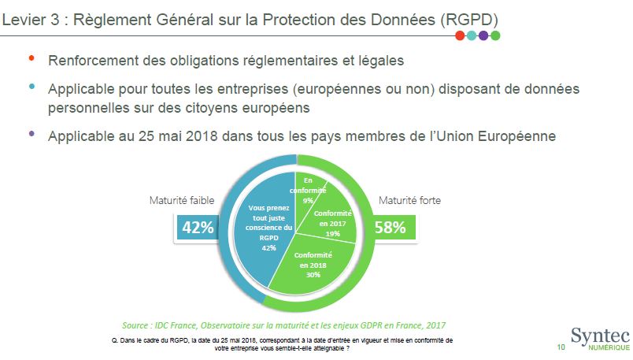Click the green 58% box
(390, 228)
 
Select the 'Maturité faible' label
(182, 201)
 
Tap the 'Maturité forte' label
(410, 201)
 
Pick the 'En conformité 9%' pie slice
(308, 189)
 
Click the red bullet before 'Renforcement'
(31, 58)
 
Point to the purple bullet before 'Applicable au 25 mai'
(31, 134)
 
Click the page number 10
(561, 347)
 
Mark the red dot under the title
(460, 35)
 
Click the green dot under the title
(495, 35)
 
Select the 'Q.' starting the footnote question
(119, 340)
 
